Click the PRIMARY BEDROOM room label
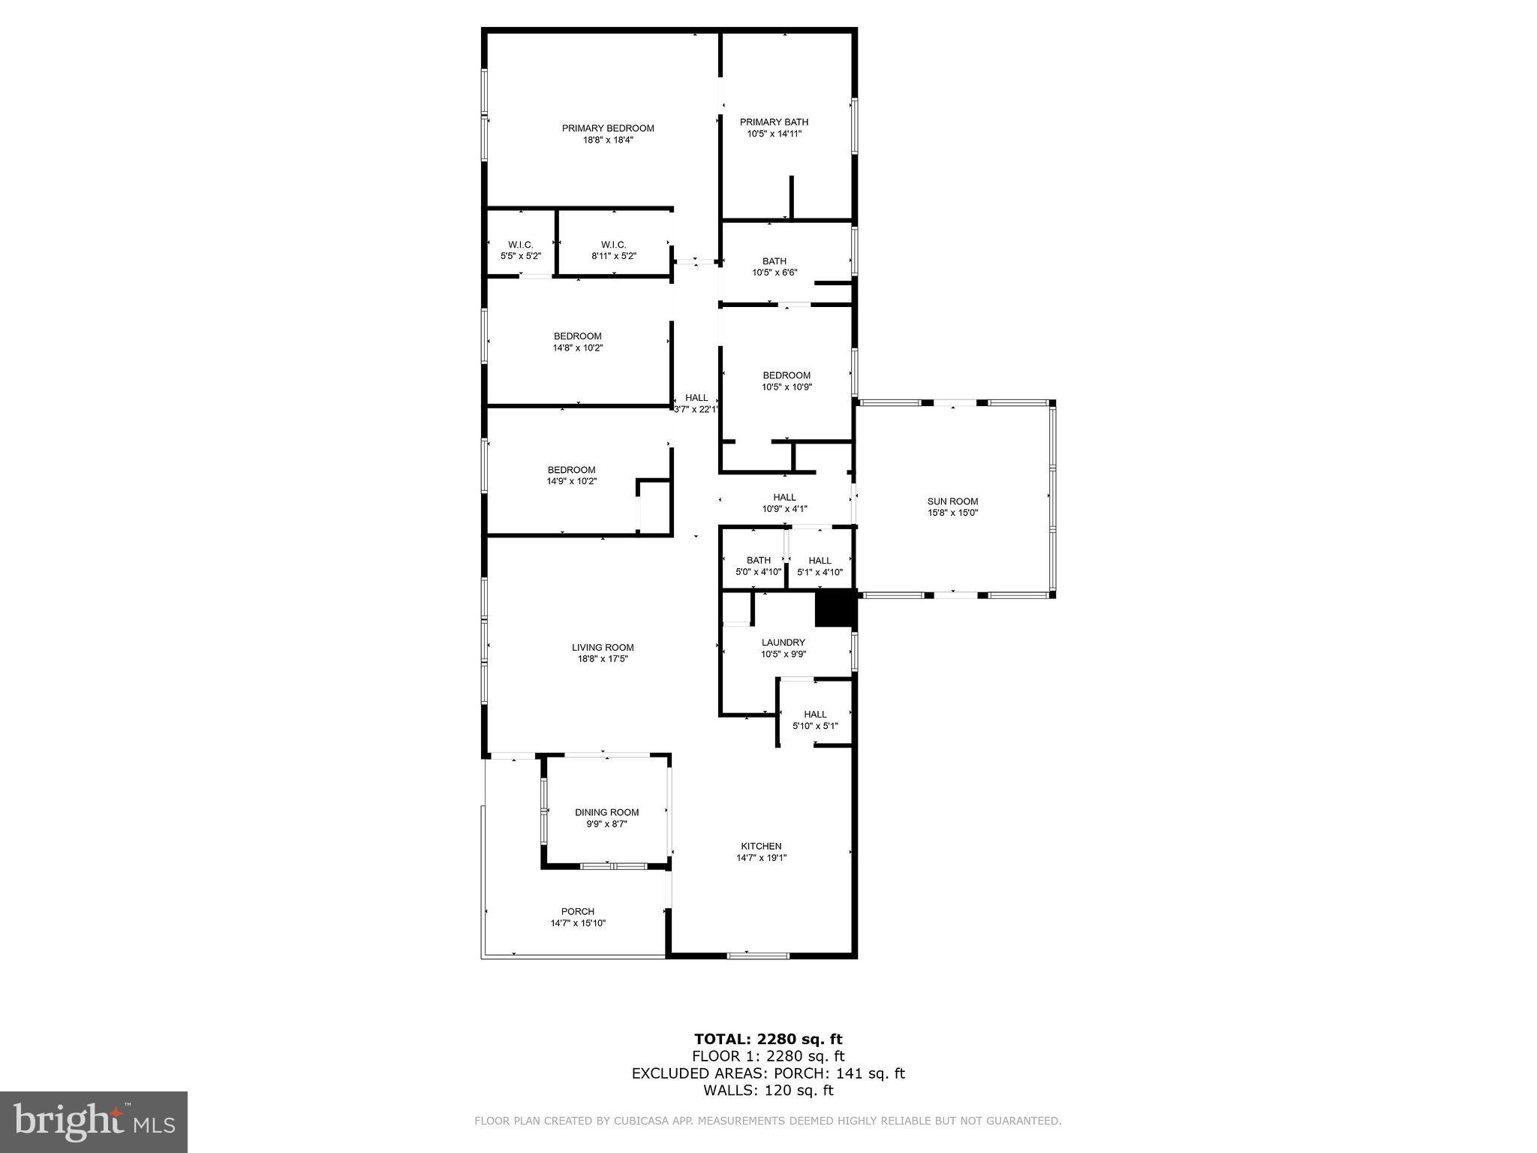(608, 128)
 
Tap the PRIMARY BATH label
(774, 122)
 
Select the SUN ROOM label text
(952, 501)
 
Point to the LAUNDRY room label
(783, 643)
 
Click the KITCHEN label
(761, 846)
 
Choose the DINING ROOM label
(606, 812)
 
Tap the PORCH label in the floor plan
(577, 911)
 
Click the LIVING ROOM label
(603, 647)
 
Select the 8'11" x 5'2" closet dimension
(613, 256)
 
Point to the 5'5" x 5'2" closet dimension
(520, 256)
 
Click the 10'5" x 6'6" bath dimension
(775, 273)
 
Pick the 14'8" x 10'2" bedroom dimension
(578, 348)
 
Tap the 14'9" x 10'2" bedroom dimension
(571, 481)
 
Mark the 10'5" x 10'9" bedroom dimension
(787, 387)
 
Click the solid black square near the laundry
(835, 609)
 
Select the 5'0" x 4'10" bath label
(759, 572)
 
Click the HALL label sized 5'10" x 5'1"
(815, 715)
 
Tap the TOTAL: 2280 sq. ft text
(768, 1040)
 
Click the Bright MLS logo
(94, 1122)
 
